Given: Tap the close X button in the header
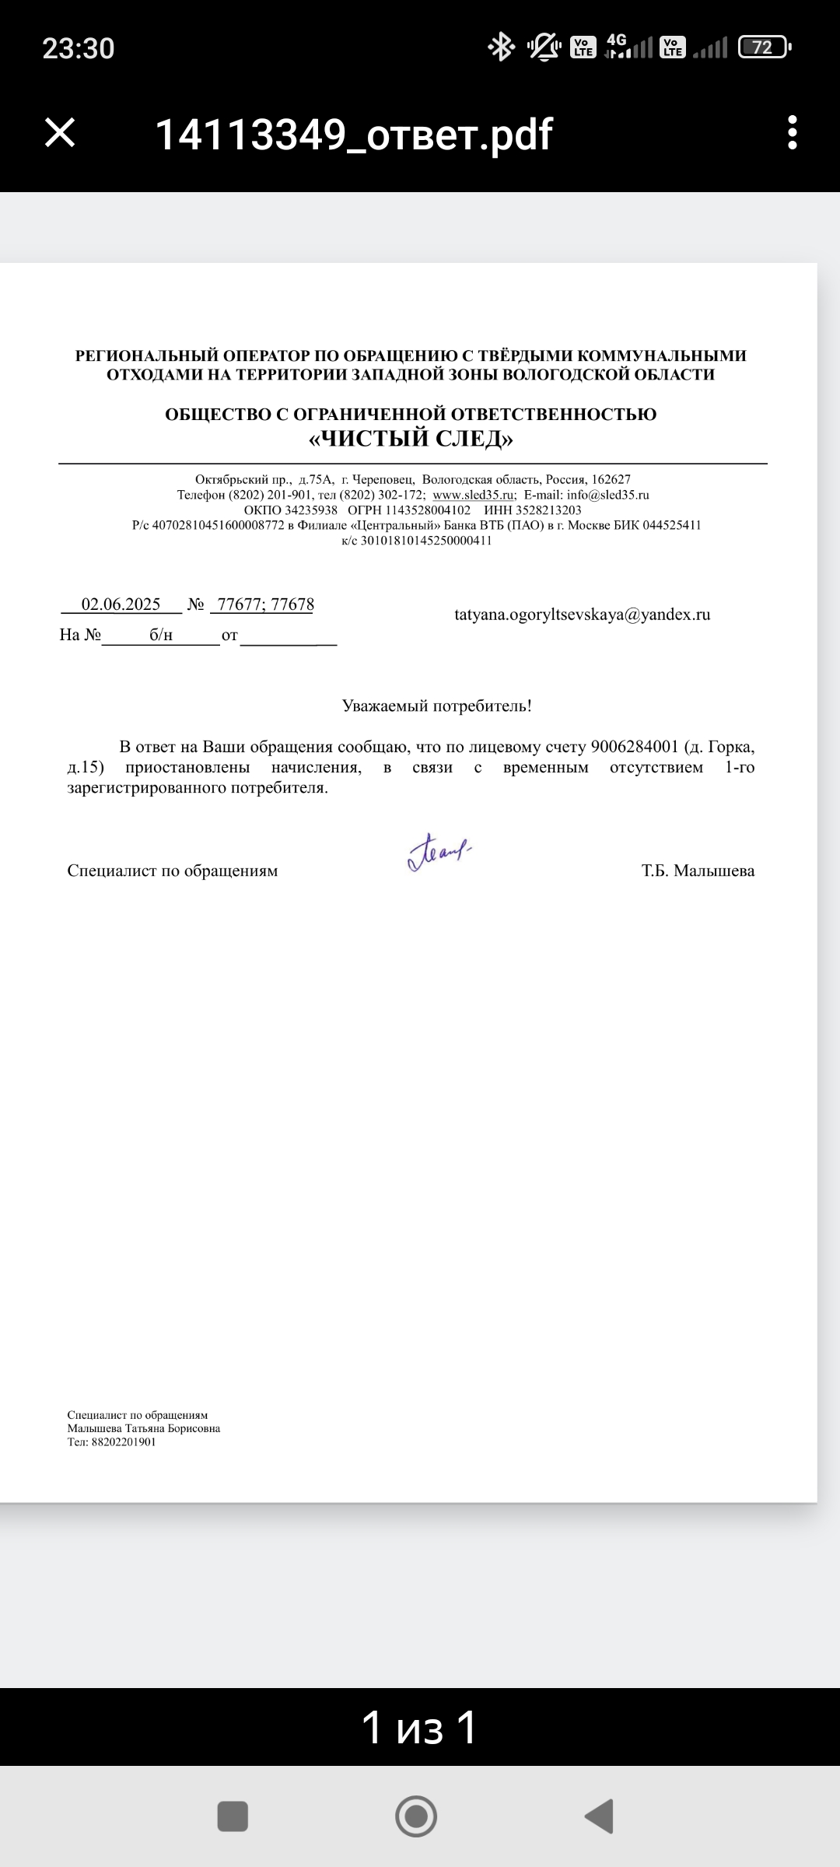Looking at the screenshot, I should tap(60, 133).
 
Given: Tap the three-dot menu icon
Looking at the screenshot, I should tap(792, 133).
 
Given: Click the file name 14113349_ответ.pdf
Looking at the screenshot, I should tap(354, 135).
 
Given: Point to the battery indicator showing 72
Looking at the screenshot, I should tap(764, 48).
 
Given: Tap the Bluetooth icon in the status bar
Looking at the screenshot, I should tap(501, 47).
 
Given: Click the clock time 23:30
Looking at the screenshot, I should tap(78, 49).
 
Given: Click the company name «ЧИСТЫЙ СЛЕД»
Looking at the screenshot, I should tap(411, 440).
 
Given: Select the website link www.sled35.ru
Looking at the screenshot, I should tap(474, 495).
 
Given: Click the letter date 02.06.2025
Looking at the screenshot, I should tap(121, 604).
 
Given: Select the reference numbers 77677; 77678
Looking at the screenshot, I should tap(265, 604).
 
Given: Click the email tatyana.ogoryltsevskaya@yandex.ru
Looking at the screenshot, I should tap(582, 615).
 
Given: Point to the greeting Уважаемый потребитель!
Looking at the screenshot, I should tap(437, 706).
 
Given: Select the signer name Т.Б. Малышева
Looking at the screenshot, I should tap(698, 870).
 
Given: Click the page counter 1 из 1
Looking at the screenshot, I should tap(419, 1728).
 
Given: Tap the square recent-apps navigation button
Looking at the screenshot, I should tap(233, 1816).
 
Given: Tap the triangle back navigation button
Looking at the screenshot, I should tap(600, 1816).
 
